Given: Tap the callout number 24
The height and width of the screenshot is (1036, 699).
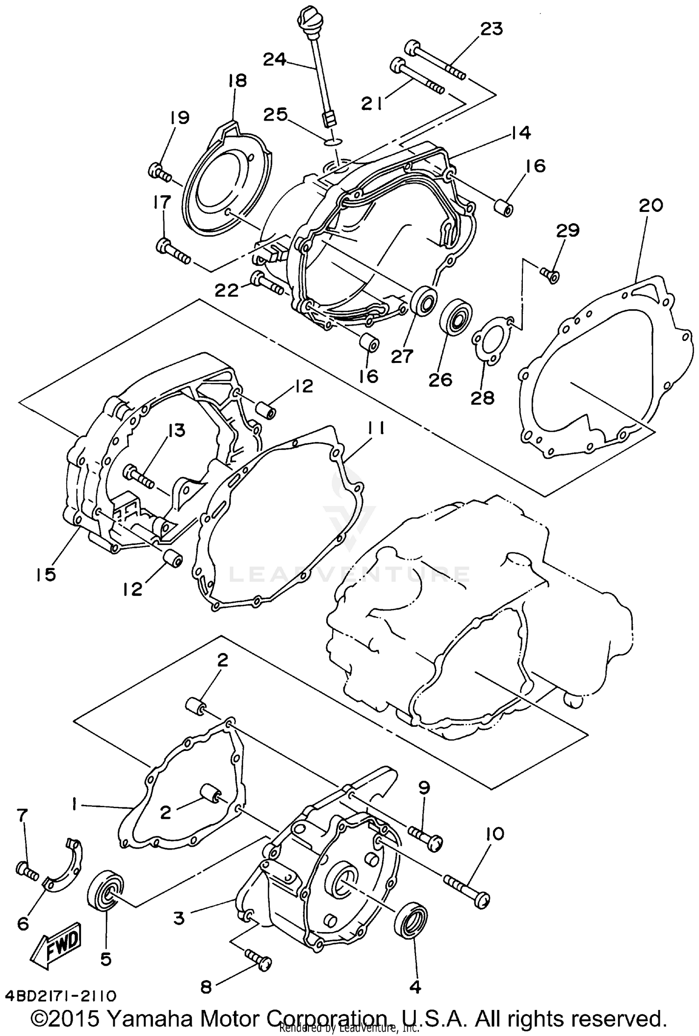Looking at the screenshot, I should [x=275, y=59].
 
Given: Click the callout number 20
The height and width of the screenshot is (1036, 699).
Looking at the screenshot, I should [x=651, y=205].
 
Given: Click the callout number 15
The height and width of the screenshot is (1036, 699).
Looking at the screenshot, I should [x=45, y=574].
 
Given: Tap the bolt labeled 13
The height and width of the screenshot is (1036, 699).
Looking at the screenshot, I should [x=139, y=477].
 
